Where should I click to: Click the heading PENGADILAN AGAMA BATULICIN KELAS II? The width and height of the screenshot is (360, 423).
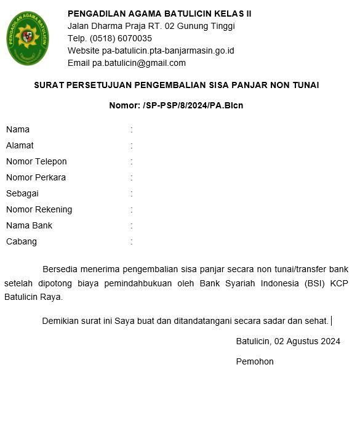tap(159, 14)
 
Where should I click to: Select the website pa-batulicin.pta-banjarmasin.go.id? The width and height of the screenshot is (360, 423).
tap(172, 50)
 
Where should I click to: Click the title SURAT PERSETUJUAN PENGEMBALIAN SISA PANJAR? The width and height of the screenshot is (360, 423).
tap(177, 85)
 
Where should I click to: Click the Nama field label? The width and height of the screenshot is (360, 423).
tap(18, 129)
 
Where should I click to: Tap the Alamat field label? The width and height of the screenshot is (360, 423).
tap(20, 145)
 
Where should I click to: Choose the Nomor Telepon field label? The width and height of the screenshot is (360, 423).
tap(36, 161)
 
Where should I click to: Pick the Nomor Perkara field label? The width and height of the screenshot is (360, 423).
tap(36, 177)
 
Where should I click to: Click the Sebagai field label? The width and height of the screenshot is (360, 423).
tap(22, 193)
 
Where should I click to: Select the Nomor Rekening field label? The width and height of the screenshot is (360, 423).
tap(39, 209)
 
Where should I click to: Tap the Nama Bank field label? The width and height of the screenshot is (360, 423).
tap(29, 225)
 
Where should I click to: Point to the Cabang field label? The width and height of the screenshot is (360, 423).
tap(22, 241)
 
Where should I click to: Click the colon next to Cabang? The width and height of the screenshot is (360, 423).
tap(132, 241)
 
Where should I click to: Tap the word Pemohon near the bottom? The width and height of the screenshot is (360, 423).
tap(255, 361)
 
